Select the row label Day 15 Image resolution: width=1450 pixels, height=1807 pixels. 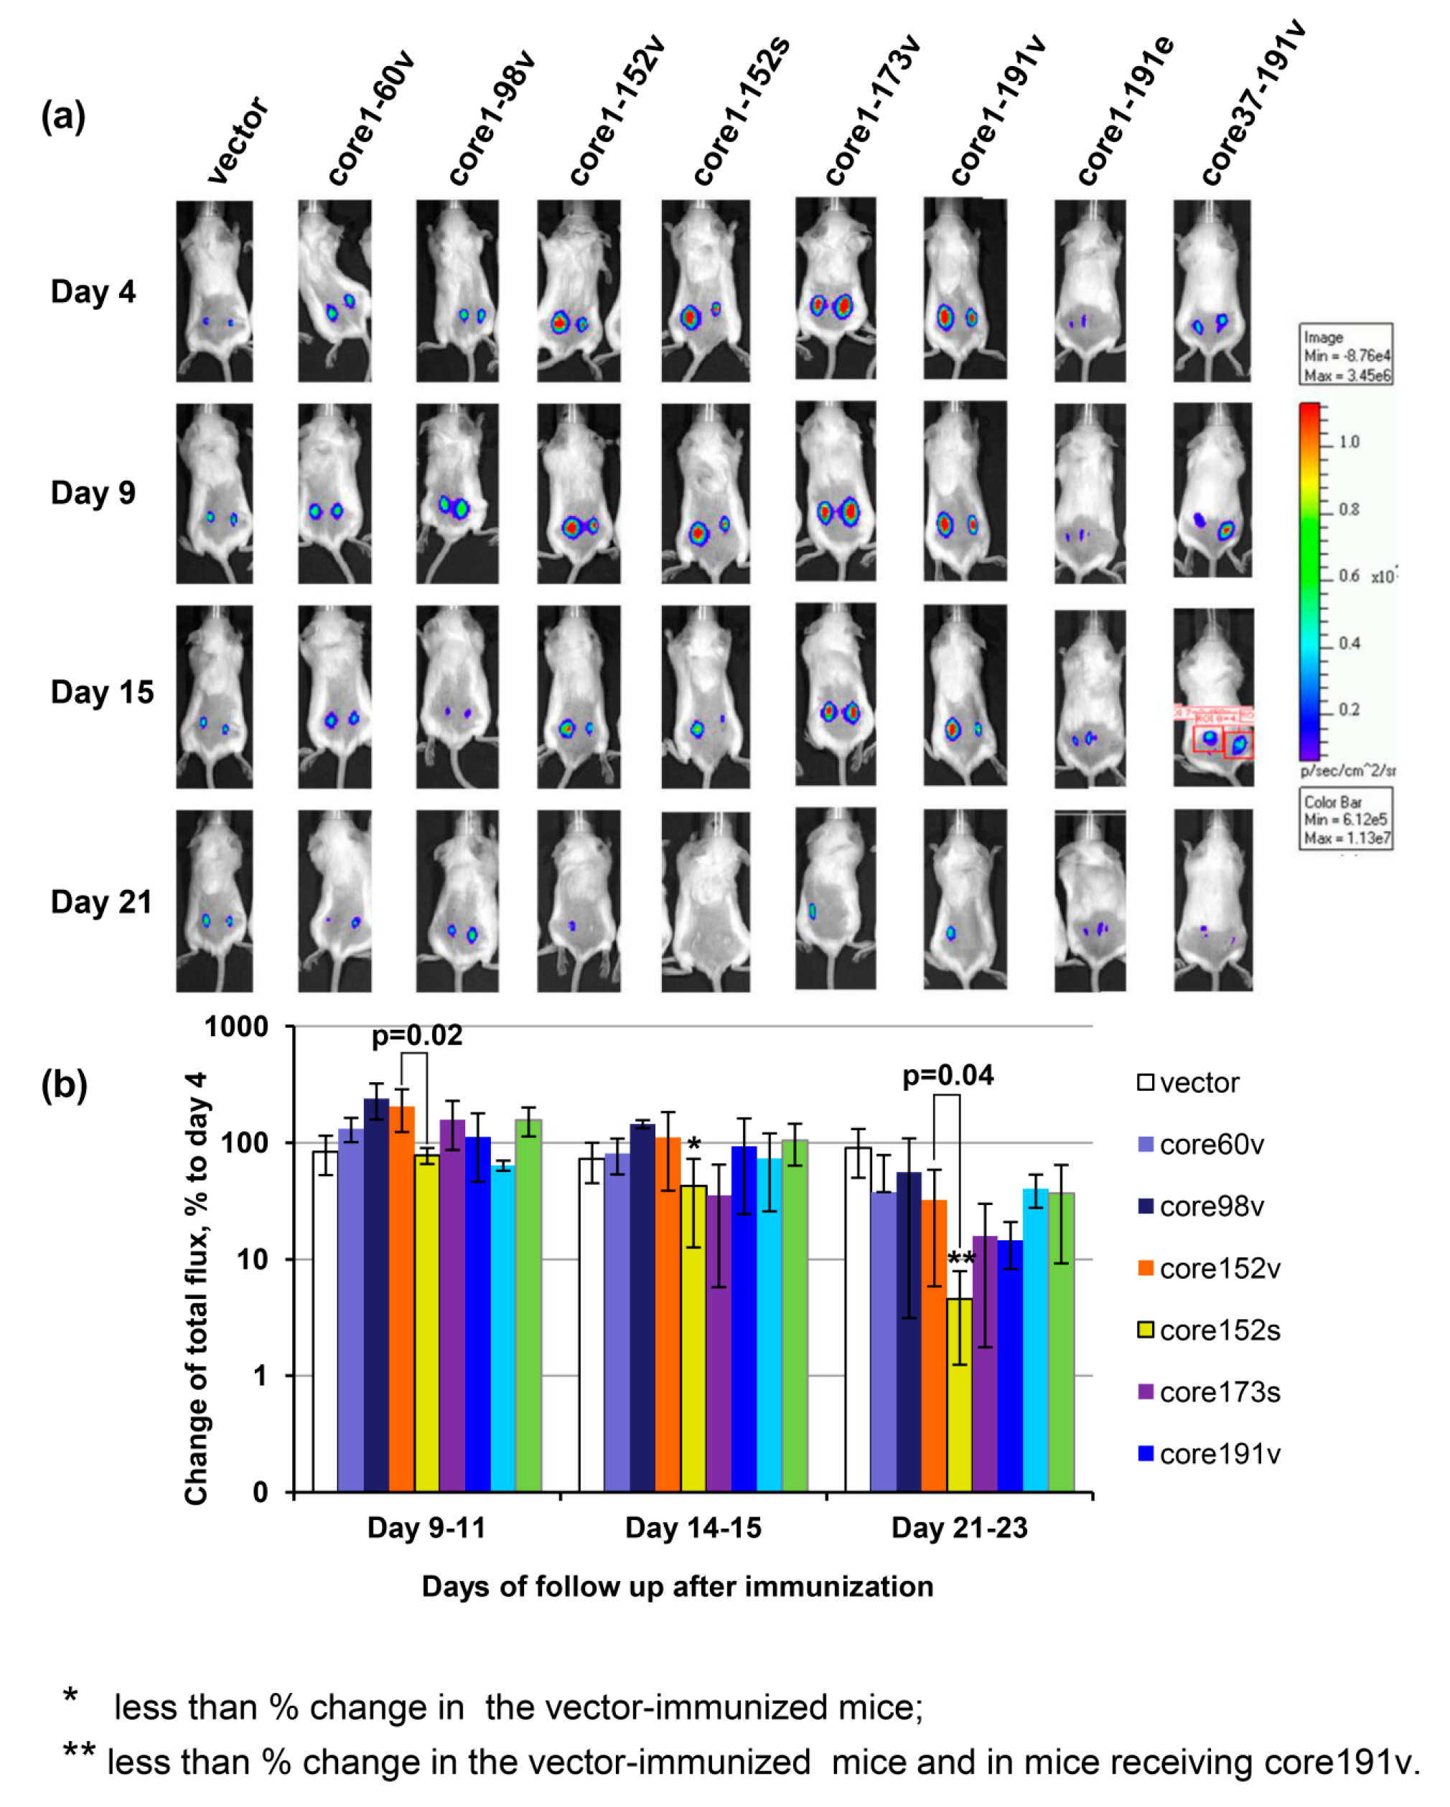coord(102,693)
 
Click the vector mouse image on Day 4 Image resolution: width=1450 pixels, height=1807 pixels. coord(214,291)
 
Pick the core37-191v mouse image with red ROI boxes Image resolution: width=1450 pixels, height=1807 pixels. coord(1213,698)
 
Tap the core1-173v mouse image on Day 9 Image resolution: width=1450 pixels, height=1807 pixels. coord(835,492)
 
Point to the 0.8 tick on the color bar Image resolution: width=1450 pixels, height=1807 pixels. coord(1349,509)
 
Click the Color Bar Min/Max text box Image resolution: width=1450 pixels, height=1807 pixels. coord(1345,819)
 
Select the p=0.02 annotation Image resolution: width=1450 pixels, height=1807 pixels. coord(416,1036)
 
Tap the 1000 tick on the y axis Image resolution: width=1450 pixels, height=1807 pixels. coord(236,1027)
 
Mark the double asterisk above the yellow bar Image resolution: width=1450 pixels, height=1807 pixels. coord(960,1258)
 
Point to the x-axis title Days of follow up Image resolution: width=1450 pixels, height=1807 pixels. coord(676,1587)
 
